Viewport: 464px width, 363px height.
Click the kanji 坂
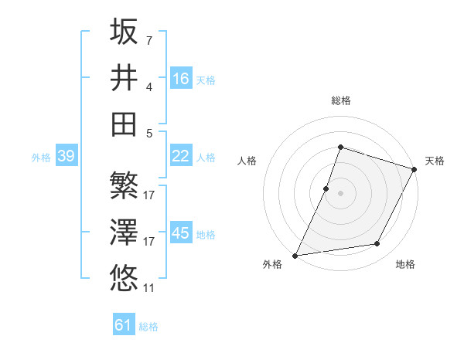124,32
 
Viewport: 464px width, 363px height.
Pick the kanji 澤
124,232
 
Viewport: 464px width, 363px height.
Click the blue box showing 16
181,78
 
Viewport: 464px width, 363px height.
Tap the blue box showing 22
181,156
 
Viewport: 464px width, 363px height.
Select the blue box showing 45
181,233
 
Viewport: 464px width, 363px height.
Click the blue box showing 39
66,156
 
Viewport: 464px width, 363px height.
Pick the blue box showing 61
124,325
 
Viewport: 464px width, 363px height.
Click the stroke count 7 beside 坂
149,40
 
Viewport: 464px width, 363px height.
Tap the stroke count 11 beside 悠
149,288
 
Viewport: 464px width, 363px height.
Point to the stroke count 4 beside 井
149,87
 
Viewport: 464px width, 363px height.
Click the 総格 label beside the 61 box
148,327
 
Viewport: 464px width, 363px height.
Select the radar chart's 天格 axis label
435,161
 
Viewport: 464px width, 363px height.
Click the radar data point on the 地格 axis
377,244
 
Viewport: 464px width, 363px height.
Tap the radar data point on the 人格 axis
326,188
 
